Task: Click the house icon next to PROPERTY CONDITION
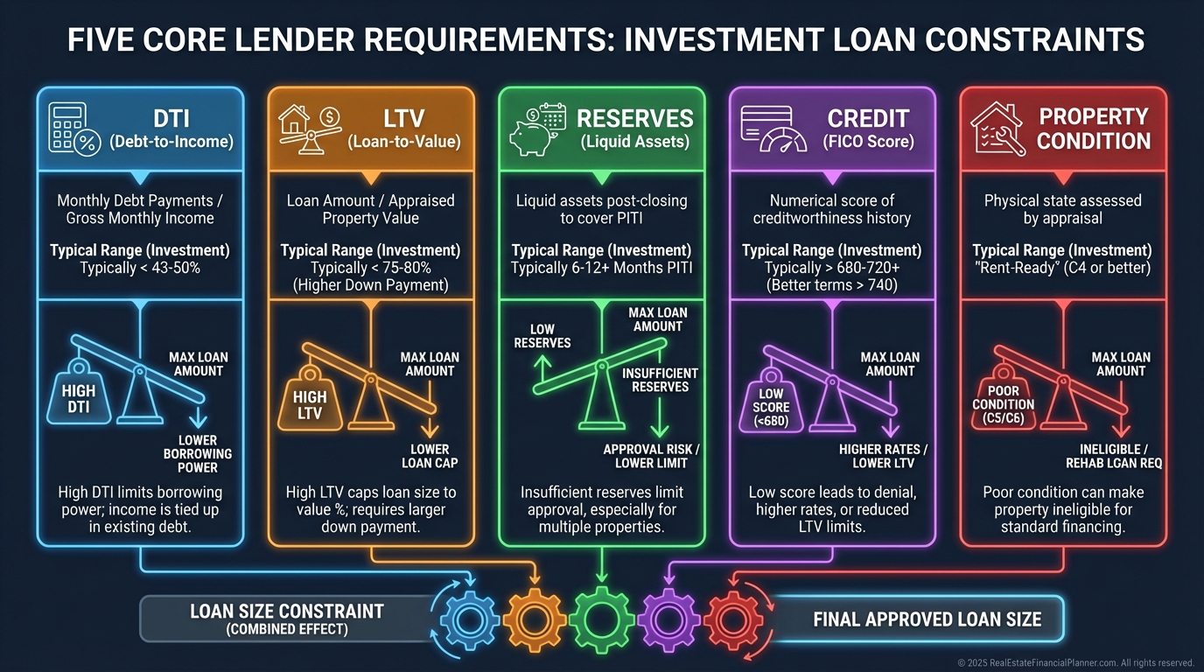pyautogui.click(x=997, y=129)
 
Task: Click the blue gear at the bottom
pyautogui.click(x=469, y=619)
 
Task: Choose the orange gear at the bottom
pyautogui.click(x=535, y=619)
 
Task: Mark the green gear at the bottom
pyautogui.click(x=602, y=619)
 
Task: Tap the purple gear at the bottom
pyautogui.click(x=668, y=619)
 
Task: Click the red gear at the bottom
pyautogui.click(x=733, y=619)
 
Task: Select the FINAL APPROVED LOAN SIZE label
pyautogui.click(x=927, y=619)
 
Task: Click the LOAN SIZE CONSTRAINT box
pyautogui.click(x=286, y=618)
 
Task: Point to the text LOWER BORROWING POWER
pyautogui.click(x=197, y=453)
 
